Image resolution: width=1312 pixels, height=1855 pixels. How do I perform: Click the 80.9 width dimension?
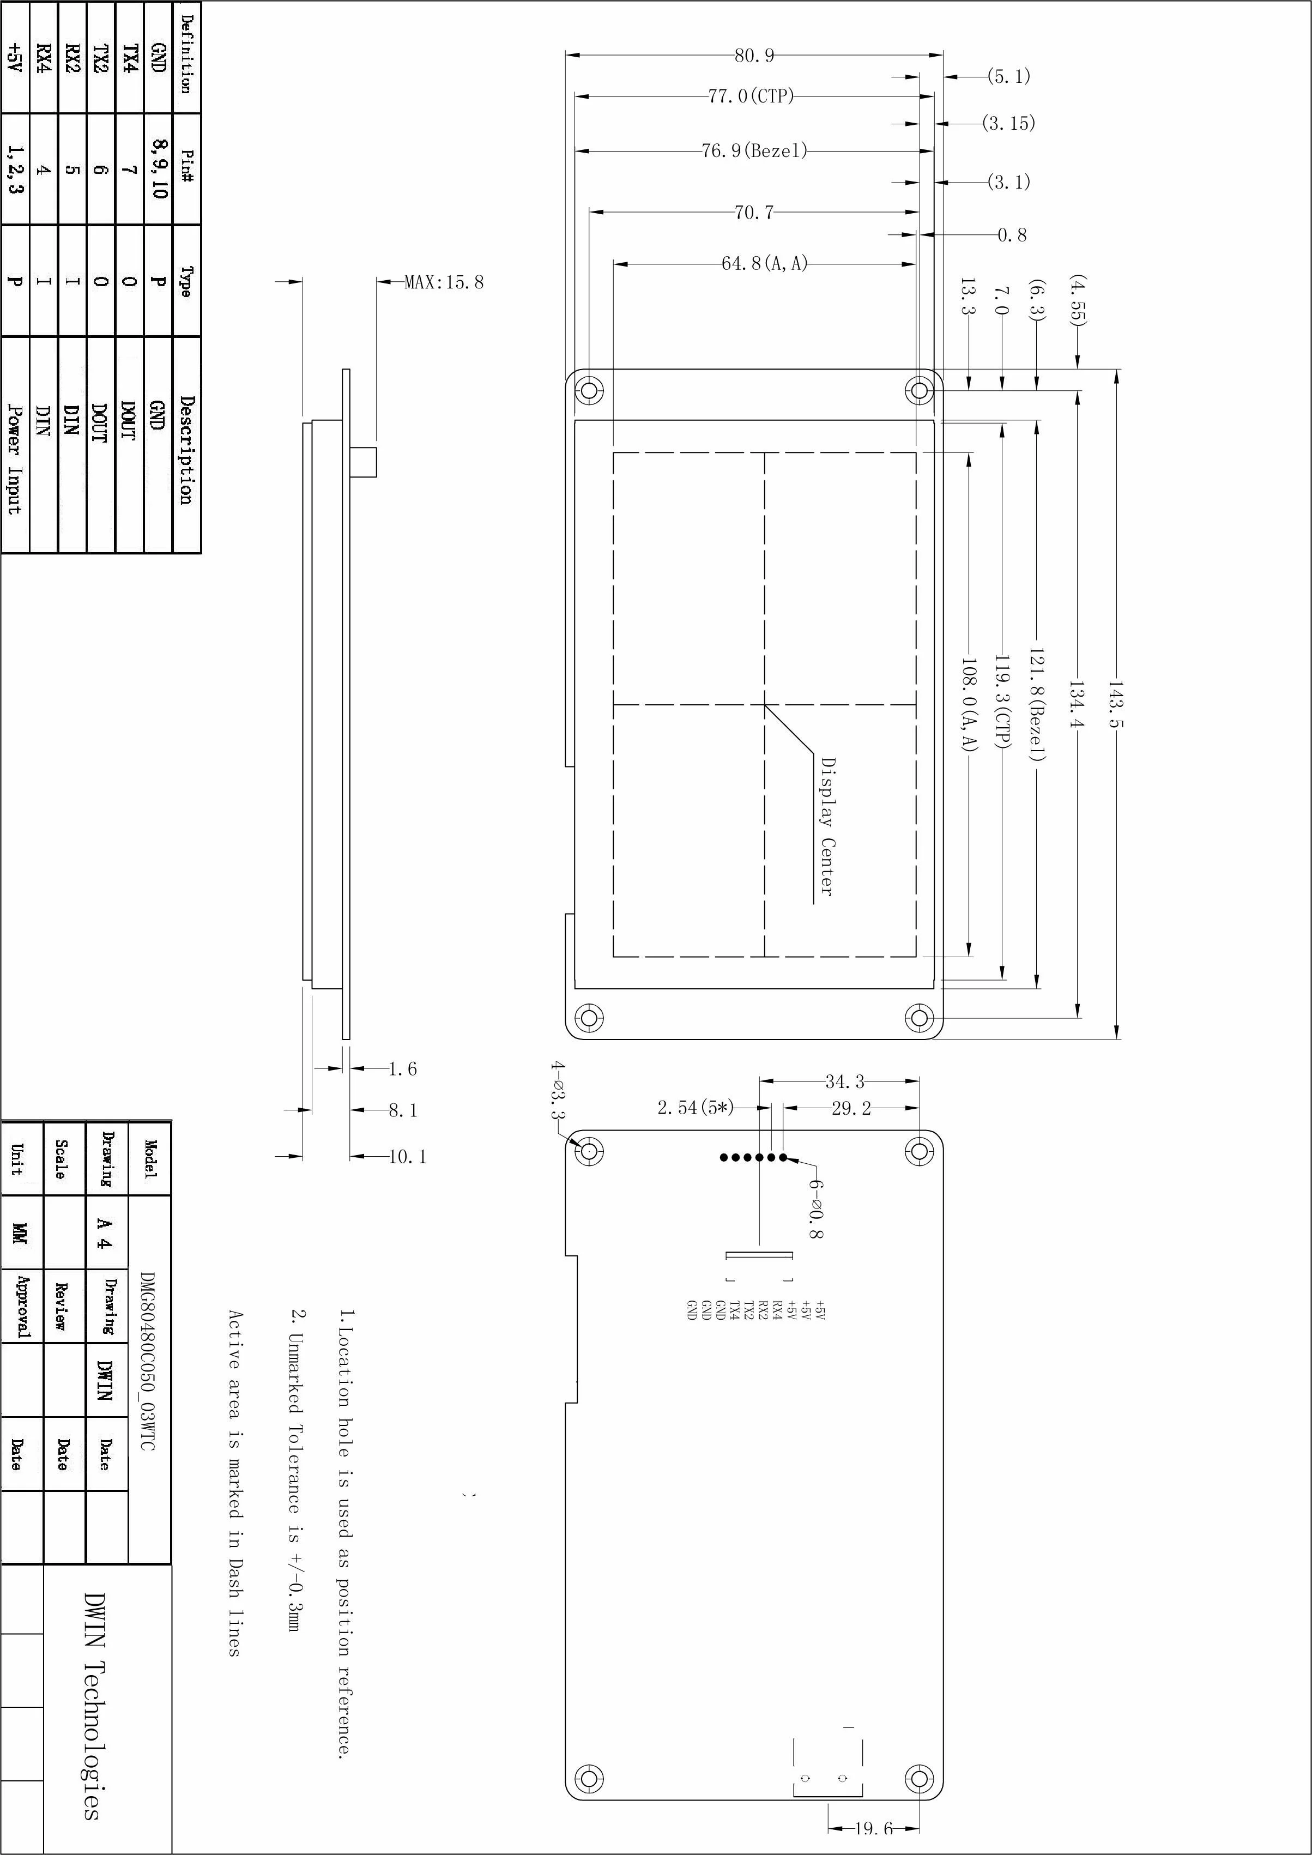[754, 55]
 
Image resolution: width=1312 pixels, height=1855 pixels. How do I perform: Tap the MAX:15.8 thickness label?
[444, 282]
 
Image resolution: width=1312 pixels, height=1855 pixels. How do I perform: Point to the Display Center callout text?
[827, 826]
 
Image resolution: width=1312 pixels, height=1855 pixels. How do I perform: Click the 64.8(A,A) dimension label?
[764, 263]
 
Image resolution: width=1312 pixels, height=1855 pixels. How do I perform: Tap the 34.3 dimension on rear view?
[844, 1081]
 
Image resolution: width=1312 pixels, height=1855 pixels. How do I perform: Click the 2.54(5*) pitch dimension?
[696, 1108]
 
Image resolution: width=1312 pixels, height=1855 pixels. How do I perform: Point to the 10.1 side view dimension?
[407, 1156]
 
